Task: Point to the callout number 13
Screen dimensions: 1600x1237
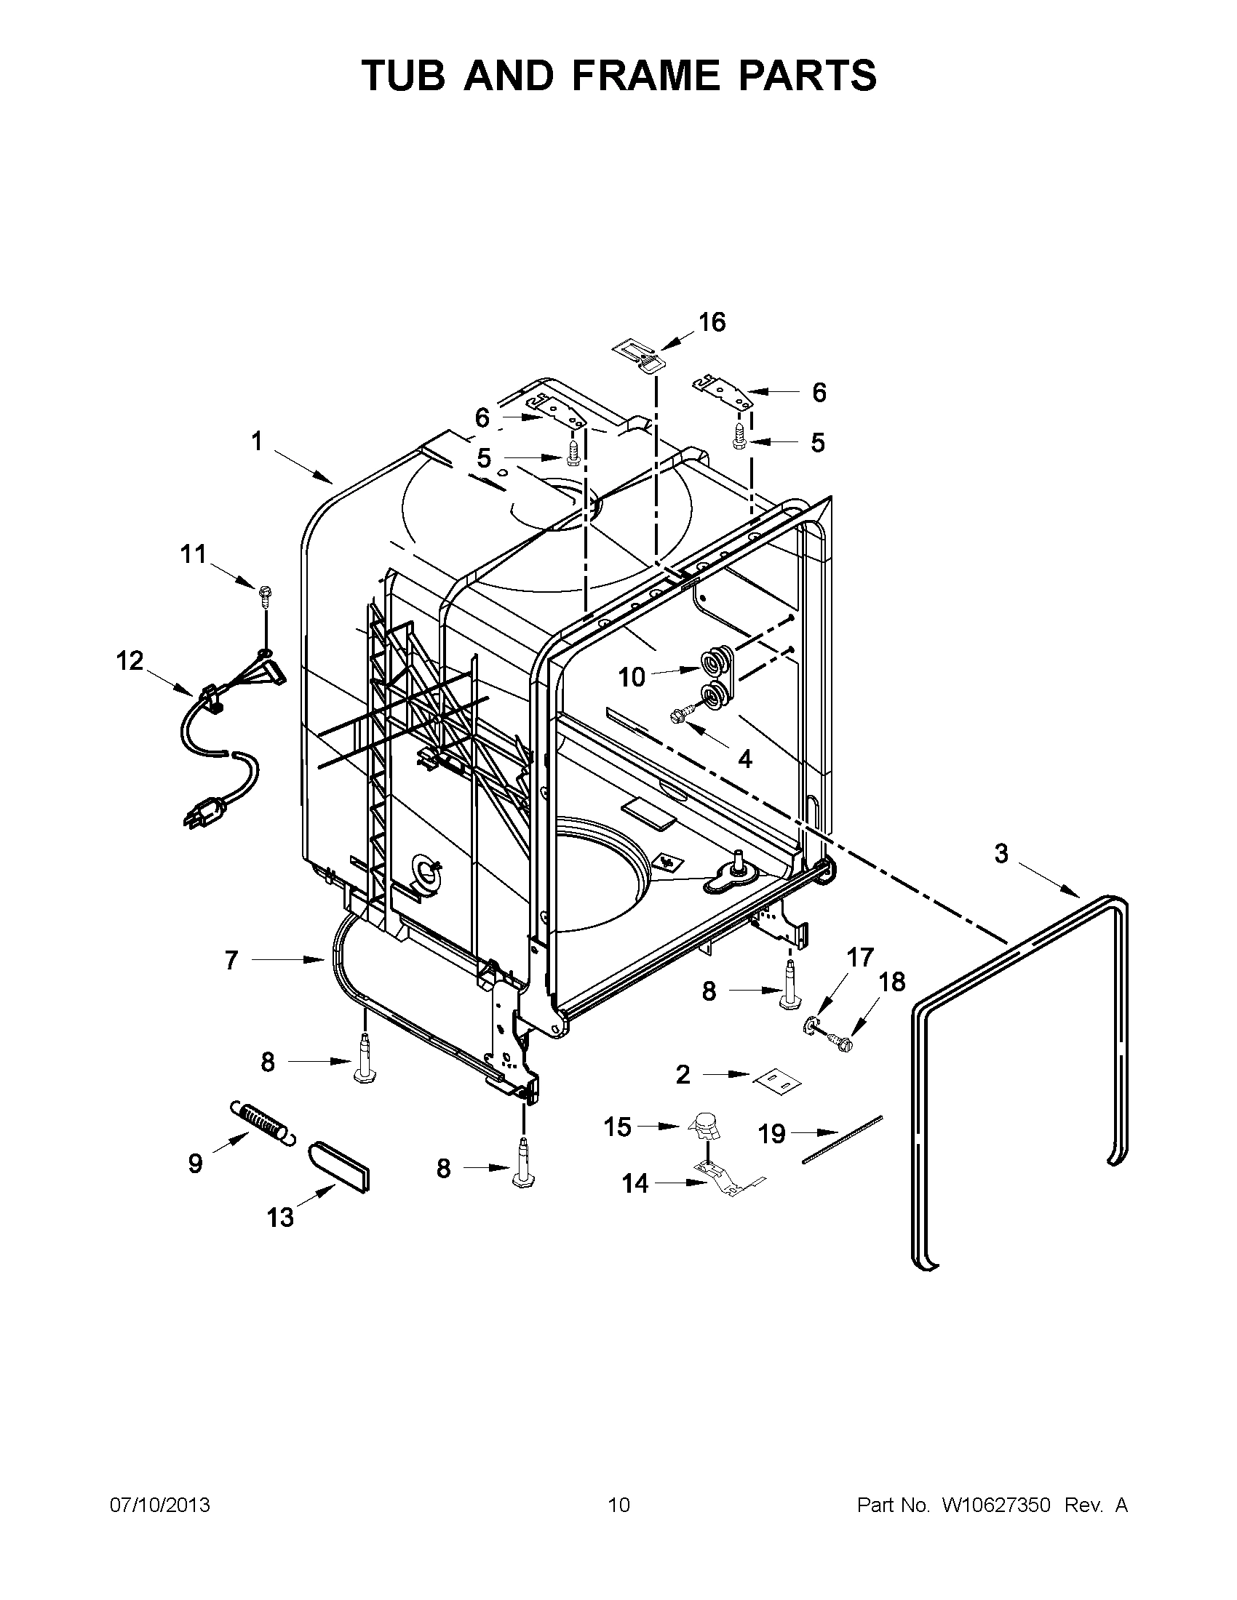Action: (280, 1217)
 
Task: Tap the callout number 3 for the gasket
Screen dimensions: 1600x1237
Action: (1001, 853)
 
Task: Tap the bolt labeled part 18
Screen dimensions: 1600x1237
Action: (840, 1040)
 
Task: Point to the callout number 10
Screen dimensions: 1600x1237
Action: (631, 677)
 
